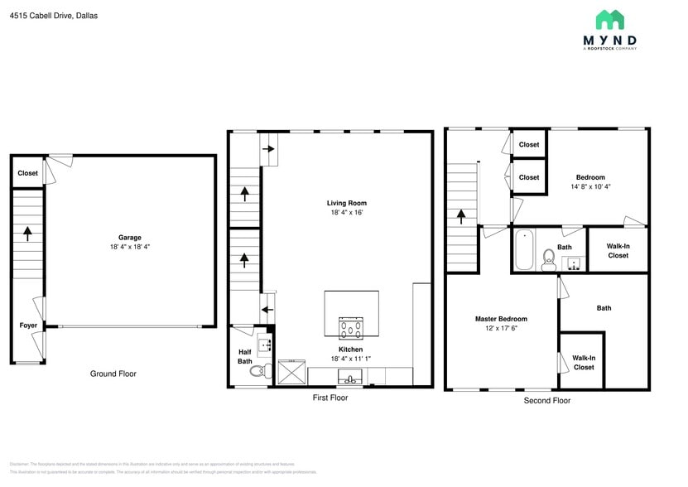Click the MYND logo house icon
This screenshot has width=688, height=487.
609,20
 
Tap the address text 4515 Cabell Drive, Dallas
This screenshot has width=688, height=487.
54,15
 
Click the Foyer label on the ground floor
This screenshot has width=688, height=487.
28,325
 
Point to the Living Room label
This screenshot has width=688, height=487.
346,203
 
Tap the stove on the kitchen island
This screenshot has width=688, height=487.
351,328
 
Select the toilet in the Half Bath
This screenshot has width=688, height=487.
259,371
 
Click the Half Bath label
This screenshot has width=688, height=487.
245,356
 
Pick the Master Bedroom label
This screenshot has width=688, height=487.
500,319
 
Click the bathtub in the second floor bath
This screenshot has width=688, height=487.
523,250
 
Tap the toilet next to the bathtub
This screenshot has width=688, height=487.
548,261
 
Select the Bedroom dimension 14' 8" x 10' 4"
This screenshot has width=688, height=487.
590,187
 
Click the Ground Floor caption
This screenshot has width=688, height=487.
113,374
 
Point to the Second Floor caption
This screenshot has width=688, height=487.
546,401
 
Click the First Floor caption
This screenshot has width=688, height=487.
330,398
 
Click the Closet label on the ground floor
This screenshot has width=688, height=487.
27,174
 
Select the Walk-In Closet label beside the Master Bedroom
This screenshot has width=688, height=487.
583,363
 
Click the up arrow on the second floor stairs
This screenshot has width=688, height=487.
461,216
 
